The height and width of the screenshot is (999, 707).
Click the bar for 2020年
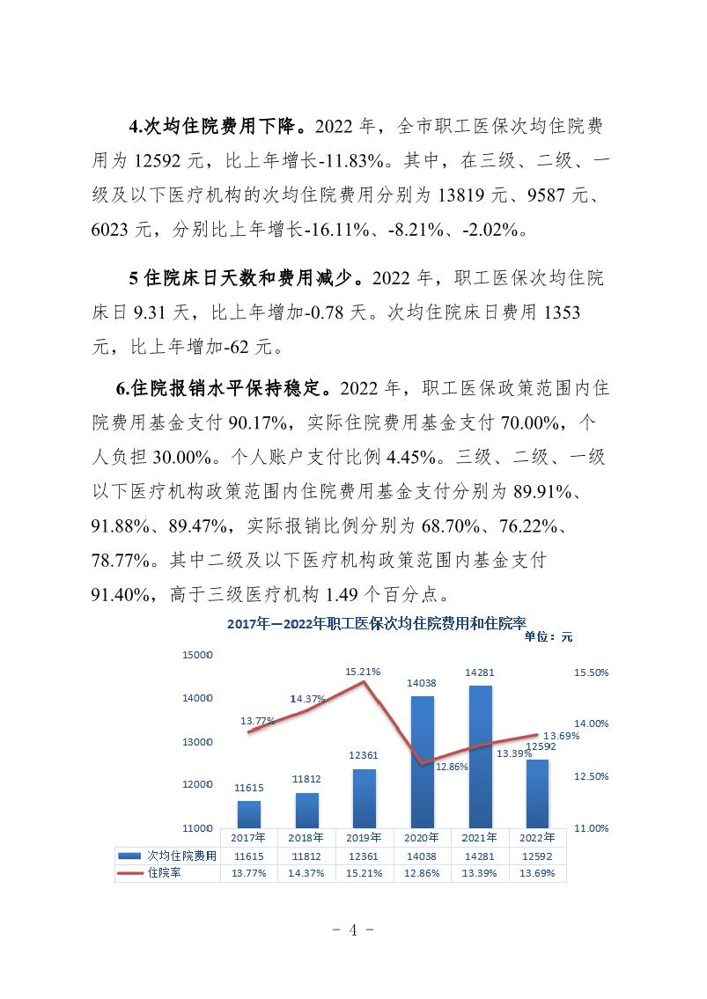coord(422,761)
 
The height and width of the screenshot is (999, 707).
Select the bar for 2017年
coord(249,814)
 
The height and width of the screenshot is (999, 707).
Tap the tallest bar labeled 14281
coord(480,756)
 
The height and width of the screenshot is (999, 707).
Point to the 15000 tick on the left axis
coord(199,655)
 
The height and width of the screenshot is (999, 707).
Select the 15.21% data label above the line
coord(363,672)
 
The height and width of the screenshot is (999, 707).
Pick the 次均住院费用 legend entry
coord(166,855)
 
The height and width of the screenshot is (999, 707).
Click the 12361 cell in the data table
coord(364,855)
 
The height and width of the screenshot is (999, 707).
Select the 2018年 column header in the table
coord(306,838)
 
